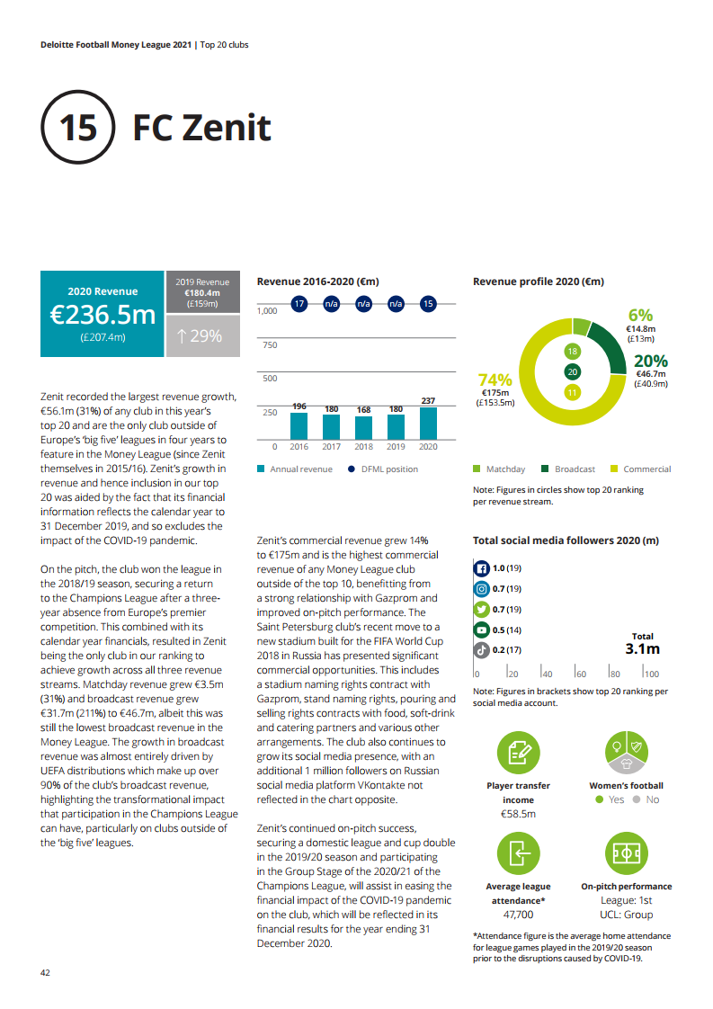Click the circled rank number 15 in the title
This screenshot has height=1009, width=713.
pos(77,127)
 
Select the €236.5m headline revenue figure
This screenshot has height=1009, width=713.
pos(103,315)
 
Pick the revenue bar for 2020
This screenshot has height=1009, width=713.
pos(428,422)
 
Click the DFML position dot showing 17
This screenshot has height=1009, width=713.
pos(299,304)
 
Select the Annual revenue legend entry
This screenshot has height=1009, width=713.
pos(295,469)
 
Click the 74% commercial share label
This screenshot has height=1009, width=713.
pos(495,379)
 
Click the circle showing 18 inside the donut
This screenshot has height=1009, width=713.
pos(572,351)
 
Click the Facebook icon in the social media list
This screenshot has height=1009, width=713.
pos(481,568)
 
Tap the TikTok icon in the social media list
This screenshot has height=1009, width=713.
pos(481,649)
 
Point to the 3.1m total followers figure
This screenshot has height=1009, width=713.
pos(642,648)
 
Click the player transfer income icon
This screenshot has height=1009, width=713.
pos(519,754)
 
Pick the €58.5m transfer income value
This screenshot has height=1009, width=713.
pos(519,814)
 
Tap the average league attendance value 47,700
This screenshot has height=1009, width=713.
pos(519,914)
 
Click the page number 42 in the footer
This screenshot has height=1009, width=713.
pos(44,972)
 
